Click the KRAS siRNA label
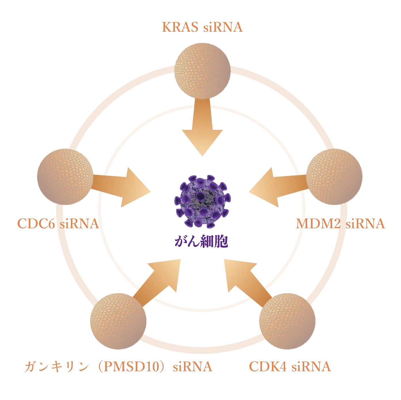[203, 27]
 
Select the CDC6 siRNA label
[58, 224]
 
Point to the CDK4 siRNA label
[290, 367]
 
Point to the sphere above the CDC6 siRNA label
[65, 176]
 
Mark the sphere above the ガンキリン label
[118, 321]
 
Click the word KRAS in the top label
[180, 27]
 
